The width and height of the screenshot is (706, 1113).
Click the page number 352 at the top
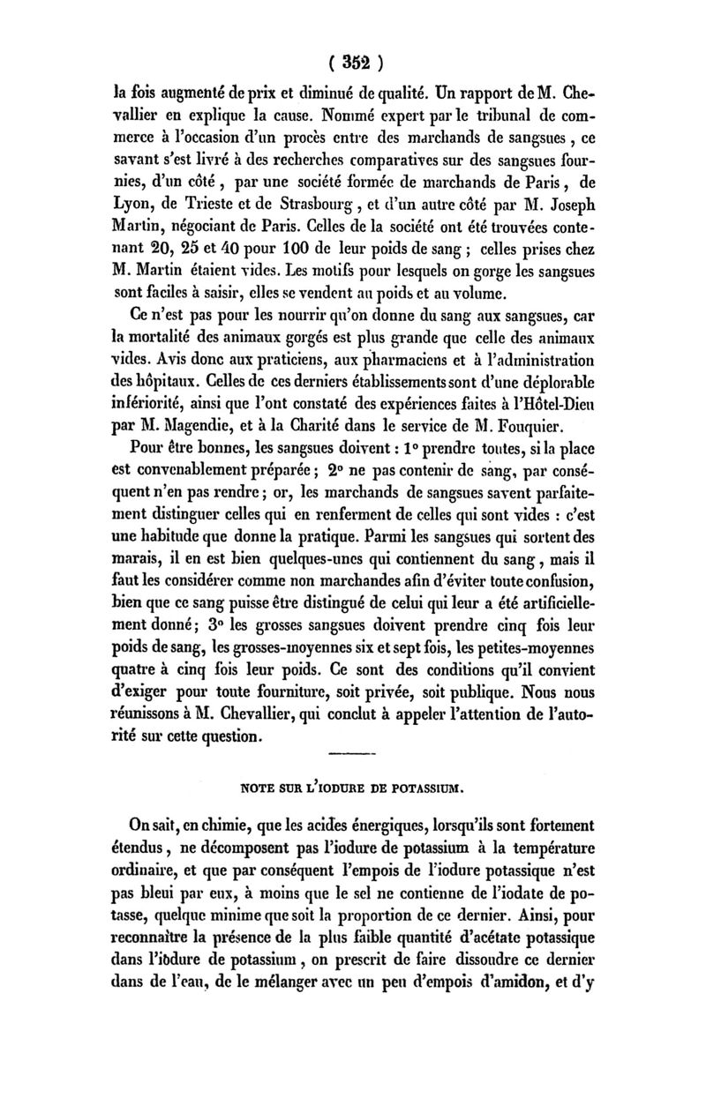coord(353,63)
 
